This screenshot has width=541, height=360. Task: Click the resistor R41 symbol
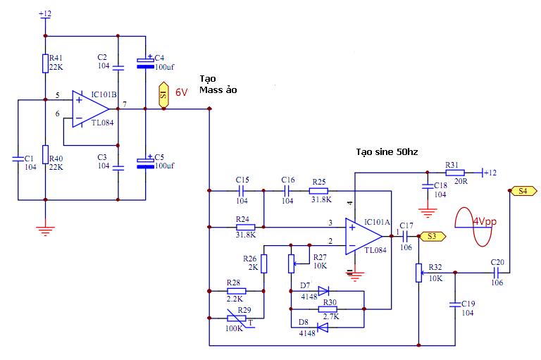pos(45,63)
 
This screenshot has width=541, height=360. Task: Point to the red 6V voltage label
pos(182,92)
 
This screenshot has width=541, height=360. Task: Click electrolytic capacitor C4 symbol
pos(145,62)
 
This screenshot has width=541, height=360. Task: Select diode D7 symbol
pos(324,290)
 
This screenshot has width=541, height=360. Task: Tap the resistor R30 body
pos(328,309)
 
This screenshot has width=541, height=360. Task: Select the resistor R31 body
pos(454,171)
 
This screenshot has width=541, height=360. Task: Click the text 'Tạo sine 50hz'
pos(387,152)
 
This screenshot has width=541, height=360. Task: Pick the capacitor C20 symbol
pos(497,271)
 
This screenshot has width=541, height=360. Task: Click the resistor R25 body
pos(319,190)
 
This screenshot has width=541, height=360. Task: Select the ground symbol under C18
pos(426,209)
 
